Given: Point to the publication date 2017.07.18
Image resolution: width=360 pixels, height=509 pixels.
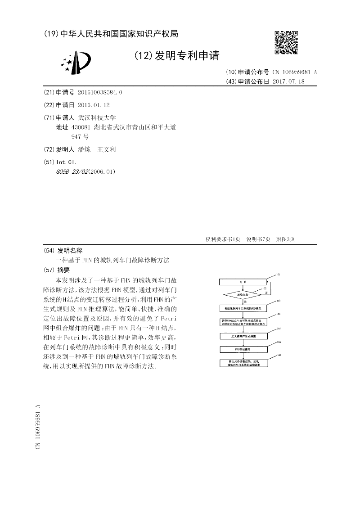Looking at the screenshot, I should (x=288, y=81).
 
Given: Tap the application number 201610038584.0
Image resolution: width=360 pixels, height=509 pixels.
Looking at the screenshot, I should (x=100, y=92).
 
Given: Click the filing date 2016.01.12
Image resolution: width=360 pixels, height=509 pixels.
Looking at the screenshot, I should (x=94, y=105).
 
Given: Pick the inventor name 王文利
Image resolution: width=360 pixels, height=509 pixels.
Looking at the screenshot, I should (x=107, y=149).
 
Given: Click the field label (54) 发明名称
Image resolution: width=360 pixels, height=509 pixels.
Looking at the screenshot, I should (x=63, y=251).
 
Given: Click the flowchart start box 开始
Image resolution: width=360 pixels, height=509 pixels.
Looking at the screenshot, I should (x=243, y=282).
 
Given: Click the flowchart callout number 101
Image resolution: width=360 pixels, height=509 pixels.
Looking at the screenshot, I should (x=278, y=274).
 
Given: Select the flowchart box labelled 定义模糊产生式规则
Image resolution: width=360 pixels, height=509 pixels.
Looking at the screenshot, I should (x=243, y=336).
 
